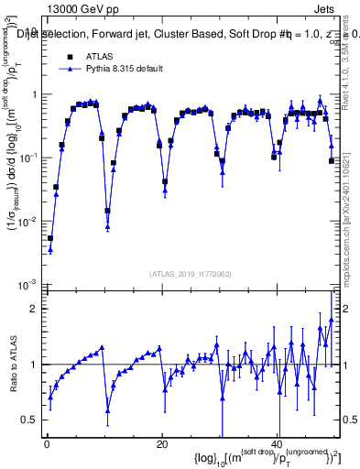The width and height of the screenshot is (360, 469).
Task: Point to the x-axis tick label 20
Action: tap(161, 444)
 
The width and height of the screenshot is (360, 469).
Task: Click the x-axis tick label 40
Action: tap(278, 444)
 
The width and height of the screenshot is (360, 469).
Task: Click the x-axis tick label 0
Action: tap(45, 444)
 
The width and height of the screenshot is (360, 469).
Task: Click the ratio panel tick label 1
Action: tap(35, 365)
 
